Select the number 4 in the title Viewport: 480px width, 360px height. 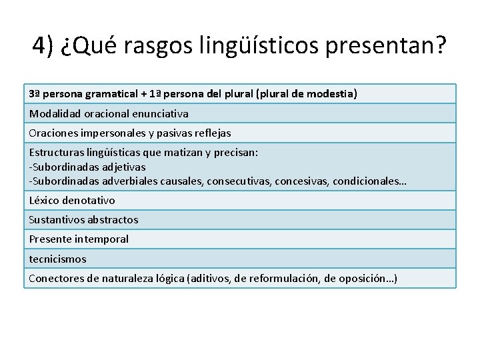[39, 45]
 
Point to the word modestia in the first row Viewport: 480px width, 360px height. [332, 94]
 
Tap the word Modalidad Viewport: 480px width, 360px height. [53, 113]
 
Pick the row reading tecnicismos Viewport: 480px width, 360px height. [57, 259]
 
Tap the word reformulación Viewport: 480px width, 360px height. [284, 279]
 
